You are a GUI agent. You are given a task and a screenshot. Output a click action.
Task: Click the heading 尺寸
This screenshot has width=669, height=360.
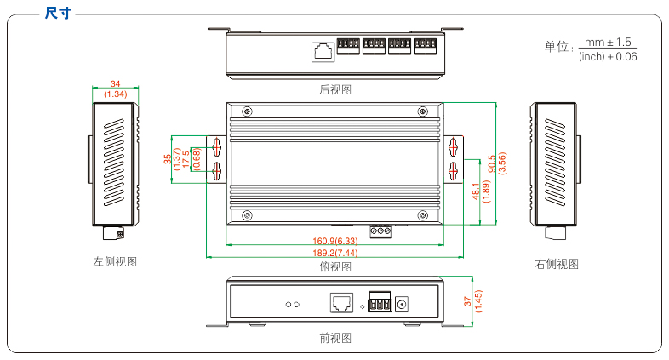[58, 13]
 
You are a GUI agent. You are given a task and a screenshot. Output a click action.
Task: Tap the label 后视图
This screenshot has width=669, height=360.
[334, 89]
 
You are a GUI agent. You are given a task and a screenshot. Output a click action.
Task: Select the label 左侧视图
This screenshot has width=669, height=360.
[115, 262]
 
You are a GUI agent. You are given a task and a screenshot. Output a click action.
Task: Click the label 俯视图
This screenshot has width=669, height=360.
[334, 266]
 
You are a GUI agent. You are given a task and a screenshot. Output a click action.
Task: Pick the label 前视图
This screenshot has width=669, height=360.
[334, 338]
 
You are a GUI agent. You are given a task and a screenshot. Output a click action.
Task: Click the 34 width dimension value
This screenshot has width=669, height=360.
[115, 83]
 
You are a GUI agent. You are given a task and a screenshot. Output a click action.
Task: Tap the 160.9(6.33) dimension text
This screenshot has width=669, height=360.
[334, 242]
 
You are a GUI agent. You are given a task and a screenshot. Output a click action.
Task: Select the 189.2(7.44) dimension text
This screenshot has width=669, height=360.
[334, 254]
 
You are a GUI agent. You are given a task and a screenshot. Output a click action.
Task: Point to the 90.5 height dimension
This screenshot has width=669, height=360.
[491, 162]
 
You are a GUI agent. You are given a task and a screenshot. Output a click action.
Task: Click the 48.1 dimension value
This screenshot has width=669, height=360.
[475, 191]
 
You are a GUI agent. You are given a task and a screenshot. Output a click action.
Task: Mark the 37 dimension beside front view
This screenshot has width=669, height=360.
[467, 300]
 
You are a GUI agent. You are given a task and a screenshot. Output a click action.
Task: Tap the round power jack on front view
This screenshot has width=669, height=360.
[405, 303]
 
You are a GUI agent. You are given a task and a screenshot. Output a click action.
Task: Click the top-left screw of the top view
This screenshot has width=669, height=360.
[247, 111]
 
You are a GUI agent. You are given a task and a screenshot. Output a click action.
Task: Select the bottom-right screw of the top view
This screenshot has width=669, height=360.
[422, 214]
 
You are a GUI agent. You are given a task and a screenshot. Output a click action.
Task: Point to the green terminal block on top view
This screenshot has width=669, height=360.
[380, 229]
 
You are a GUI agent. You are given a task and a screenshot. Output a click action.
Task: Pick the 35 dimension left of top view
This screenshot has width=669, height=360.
[167, 158]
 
